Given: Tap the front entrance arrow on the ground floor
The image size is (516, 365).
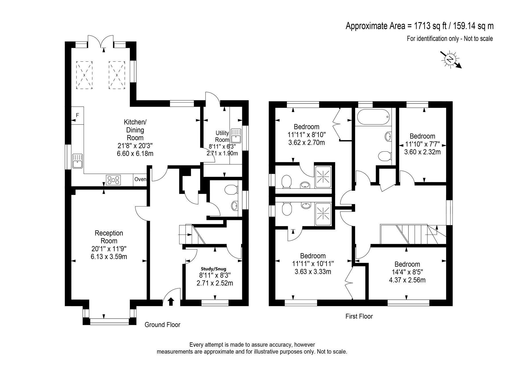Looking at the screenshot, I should click(x=171, y=301).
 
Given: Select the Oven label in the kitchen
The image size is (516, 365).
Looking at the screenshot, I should click(x=140, y=179).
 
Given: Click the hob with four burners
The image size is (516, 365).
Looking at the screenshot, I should click(x=114, y=180).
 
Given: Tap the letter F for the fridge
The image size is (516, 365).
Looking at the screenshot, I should click(x=77, y=116).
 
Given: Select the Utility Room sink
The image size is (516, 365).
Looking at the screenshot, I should click(x=236, y=136).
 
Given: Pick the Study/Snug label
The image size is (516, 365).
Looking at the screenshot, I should click(x=213, y=269).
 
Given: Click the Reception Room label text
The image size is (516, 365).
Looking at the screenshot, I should click(x=109, y=237).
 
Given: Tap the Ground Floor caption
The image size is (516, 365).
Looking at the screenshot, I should click(x=162, y=325).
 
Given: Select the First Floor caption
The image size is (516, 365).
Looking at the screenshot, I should click(x=359, y=316).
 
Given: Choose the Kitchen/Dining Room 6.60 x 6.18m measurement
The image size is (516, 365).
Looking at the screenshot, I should click(x=135, y=153).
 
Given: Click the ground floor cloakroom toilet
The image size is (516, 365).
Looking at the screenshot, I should click(x=231, y=190).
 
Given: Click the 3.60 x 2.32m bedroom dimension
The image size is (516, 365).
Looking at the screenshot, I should click(x=422, y=152).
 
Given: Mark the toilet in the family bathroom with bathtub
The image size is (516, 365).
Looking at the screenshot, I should click(x=384, y=157).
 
